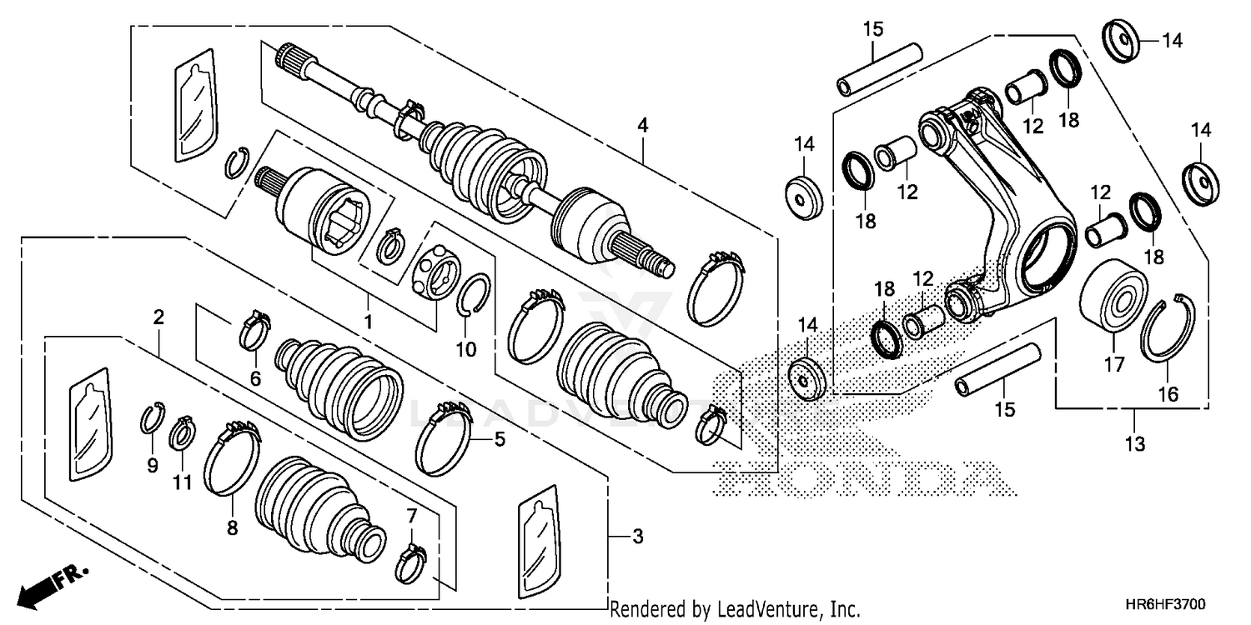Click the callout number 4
pyautogui.click(x=642, y=125)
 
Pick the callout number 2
pyautogui.click(x=158, y=317)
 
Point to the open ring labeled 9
pyautogui.click(x=150, y=417)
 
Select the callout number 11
pyautogui.click(x=182, y=482)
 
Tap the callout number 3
pyautogui.click(x=638, y=537)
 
